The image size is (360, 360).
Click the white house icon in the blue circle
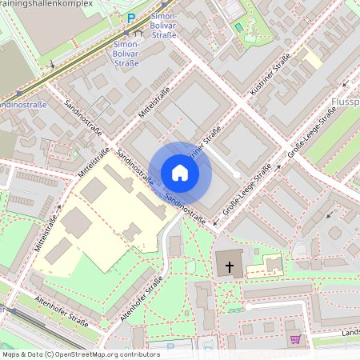(180, 173)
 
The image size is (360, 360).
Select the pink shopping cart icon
(295, 339)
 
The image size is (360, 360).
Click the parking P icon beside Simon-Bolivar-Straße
(131, 18)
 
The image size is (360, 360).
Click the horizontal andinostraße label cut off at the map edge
(22, 105)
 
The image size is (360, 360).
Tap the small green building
(238, 27)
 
